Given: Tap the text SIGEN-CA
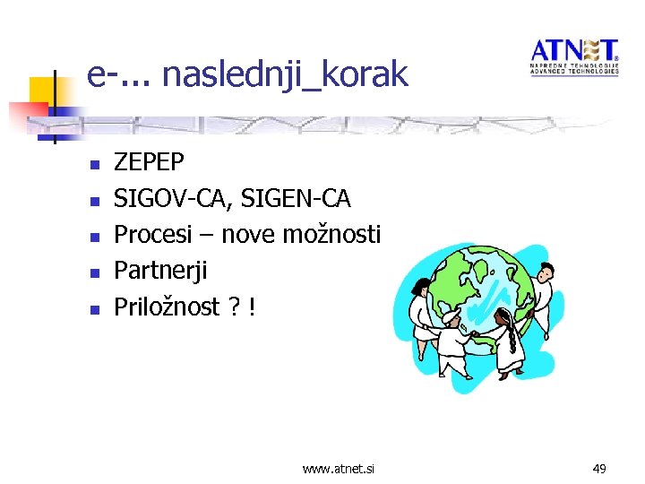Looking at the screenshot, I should tap(298, 198).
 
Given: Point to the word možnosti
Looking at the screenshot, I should tap(331, 235).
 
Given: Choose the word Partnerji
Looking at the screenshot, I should tap(160, 271).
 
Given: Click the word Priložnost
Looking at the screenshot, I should tap(167, 307).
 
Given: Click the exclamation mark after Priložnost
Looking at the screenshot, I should tap(254, 307).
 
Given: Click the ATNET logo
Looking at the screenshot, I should tap(574, 56).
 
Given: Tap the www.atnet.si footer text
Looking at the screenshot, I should tap(339, 468).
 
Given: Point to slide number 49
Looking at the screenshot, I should tap(599, 468).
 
